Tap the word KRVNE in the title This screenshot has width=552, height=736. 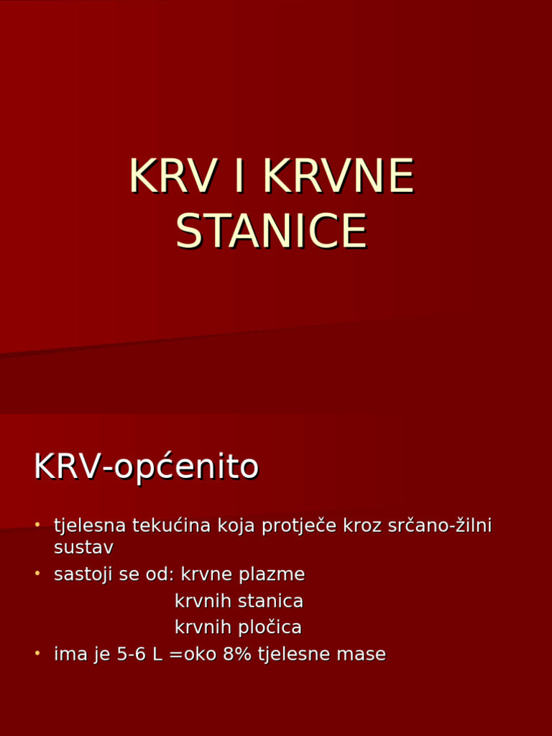(339, 176)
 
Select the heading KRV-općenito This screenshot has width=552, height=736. (146, 468)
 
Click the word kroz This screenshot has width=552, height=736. (363, 525)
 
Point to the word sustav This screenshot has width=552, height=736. (83, 548)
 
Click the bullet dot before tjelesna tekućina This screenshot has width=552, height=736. (37, 525)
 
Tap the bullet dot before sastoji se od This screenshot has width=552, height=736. (37, 574)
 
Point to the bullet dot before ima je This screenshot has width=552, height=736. (37, 653)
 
